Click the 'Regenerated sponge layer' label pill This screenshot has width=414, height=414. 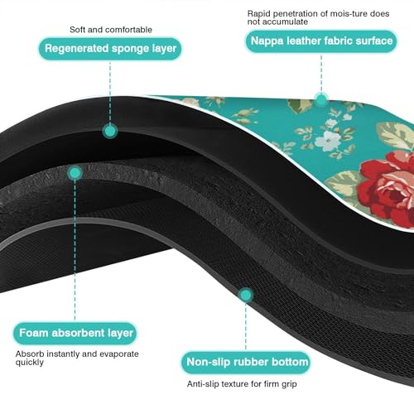pos(110,49)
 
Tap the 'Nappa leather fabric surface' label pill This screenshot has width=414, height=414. pos(321,41)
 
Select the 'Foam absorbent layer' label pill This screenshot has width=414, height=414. pos(75,333)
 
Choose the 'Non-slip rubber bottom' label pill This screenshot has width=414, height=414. pos(246,362)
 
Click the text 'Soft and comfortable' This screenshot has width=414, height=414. pos(111,30)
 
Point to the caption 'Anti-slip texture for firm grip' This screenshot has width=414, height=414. pos(242,384)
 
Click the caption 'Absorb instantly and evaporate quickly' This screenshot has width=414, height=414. pos(77,358)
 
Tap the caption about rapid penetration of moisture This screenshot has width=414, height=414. pos(318,17)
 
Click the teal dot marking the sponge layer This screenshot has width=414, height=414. pos(110,131)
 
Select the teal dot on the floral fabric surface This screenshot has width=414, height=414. pos(321,99)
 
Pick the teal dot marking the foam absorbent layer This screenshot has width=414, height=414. pos(75,173)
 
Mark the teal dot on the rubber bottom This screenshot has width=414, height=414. pos(246,295)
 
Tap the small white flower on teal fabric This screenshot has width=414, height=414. pos(328,140)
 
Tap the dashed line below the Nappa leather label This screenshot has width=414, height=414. pos(321,73)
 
